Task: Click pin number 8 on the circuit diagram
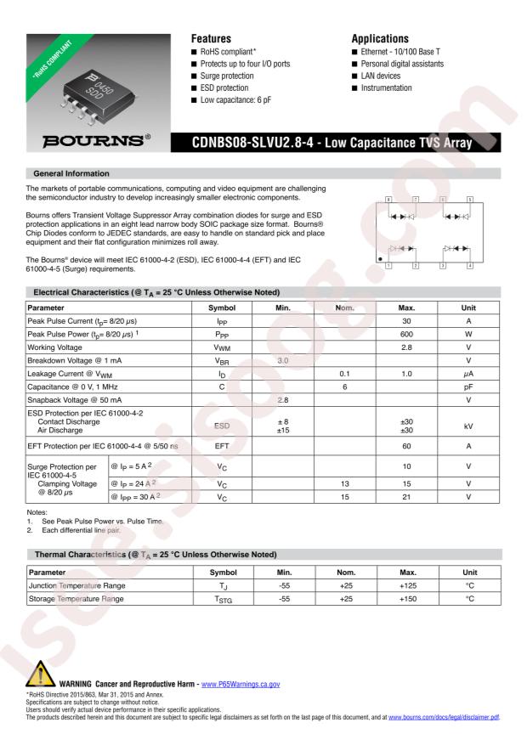(388, 200)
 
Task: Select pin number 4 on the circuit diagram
(469, 266)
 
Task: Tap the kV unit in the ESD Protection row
(468, 425)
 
